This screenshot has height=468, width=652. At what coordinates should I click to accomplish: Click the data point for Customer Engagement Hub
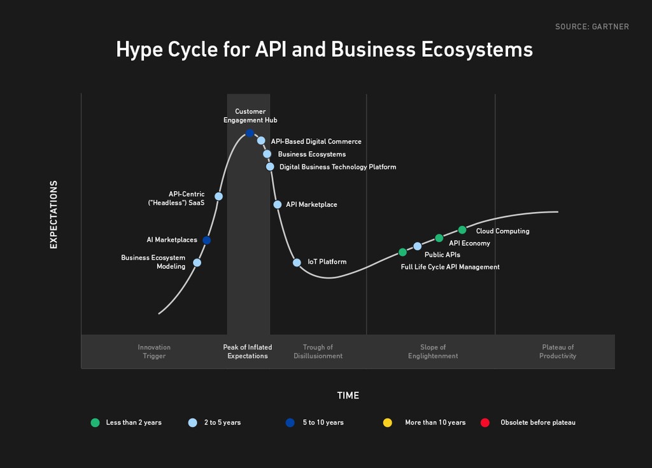pyautogui.click(x=250, y=133)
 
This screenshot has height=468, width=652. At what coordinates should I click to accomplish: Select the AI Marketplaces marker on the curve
pyautogui.click(x=207, y=240)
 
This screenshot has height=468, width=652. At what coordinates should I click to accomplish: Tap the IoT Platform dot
pyautogui.click(x=297, y=262)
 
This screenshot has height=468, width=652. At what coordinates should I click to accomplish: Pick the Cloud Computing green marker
pyautogui.click(x=462, y=230)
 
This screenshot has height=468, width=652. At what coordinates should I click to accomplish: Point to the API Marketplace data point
pyautogui.click(x=278, y=204)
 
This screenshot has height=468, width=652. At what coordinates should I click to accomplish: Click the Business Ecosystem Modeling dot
pyautogui.click(x=197, y=262)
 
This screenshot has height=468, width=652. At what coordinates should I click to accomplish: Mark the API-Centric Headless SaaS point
pyautogui.click(x=219, y=196)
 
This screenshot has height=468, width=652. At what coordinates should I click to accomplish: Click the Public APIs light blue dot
pyautogui.click(x=418, y=246)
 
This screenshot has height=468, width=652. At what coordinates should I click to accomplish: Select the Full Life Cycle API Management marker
pyautogui.click(x=402, y=252)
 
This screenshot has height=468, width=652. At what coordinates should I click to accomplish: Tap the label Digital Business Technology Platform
pyautogui.click(x=337, y=167)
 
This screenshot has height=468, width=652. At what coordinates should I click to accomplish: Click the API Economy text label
pyautogui.click(x=469, y=243)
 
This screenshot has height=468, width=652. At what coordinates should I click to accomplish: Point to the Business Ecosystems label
pyautogui.click(x=312, y=154)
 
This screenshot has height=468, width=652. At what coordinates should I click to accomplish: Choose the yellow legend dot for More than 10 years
pyautogui.click(x=388, y=423)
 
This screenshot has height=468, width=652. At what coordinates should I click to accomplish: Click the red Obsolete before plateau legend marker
pyautogui.click(x=485, y=423)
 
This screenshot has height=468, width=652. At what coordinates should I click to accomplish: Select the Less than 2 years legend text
pyautogui.click(x=134, y=423)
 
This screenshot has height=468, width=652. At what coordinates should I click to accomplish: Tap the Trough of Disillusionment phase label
pyautogui.click(x=318, y=351)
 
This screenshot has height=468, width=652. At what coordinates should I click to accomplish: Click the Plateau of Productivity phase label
pyautogui.click(x=558, y=351)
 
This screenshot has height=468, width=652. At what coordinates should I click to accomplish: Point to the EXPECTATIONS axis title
pyautogui.click(x=53, y=215)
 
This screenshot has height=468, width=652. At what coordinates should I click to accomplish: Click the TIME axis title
pyautogui.click(x=348, y=395)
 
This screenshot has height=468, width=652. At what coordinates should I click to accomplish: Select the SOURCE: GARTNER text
pyautogui.click(x=592, y=27)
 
